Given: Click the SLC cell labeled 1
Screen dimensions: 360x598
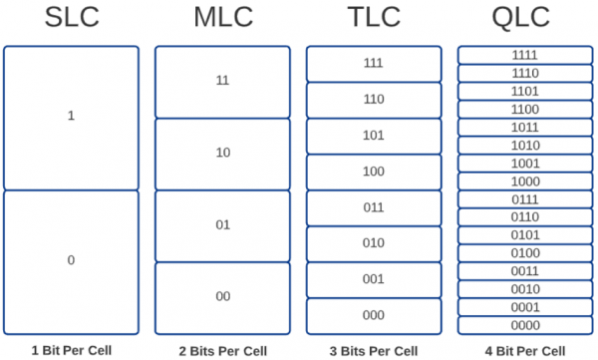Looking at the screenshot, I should pos(71,117).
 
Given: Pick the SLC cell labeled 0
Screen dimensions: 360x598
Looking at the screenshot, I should pos(71,261).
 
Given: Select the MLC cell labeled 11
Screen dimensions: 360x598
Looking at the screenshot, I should pos(222,82).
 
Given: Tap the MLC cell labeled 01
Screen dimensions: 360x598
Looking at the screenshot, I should pos(222,225).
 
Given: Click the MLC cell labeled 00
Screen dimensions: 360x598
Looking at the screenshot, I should pos(222,297).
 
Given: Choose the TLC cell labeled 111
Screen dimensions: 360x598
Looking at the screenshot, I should pos(374,63).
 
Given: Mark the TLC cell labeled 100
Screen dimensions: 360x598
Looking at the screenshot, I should pos(374,172).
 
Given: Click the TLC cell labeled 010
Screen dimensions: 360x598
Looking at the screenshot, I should pos(374,243).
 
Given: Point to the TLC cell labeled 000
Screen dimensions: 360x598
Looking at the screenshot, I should pos(374,315).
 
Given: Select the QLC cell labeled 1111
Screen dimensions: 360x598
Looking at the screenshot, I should pos(524,55).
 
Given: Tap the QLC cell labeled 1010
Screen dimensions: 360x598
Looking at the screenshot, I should pos(524,145).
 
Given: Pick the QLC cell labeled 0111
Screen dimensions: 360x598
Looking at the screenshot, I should pos(524,199).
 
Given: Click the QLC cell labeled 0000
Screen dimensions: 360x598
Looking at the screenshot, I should pos(524,325).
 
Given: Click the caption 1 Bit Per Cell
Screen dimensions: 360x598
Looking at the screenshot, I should pos(71,350).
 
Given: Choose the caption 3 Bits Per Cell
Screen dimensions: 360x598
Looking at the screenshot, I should pos(374,350).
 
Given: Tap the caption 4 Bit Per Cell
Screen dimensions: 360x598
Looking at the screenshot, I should pos(524,350).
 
